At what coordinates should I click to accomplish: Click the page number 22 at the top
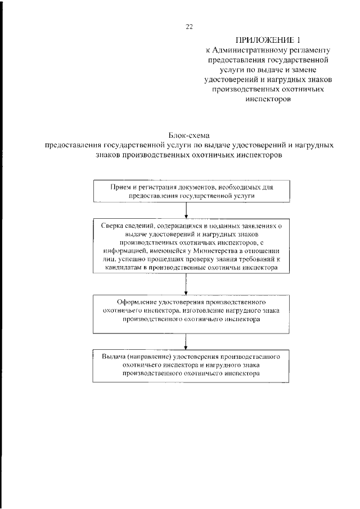[189, 25]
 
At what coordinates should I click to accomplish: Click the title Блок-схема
[189, 135]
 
